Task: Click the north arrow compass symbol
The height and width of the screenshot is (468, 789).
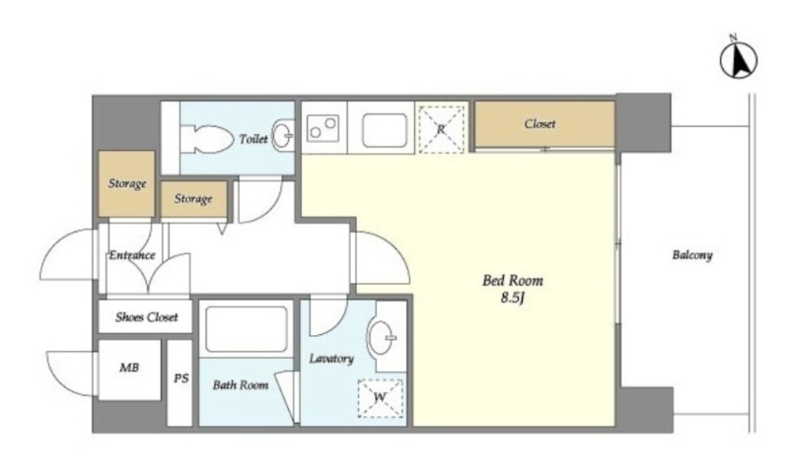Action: coord(738,60)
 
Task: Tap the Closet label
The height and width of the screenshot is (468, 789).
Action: coord(539,124)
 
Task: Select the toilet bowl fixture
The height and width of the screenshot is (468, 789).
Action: coord(206,139)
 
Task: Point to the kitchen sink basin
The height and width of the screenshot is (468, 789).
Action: coord(385,130)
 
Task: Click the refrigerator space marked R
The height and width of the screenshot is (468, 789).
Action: coord(441,129)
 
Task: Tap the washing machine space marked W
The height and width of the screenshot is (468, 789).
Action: coord(380,398)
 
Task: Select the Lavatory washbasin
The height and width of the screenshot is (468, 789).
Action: coord(382,337)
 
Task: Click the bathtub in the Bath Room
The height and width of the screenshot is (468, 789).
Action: coord(246,329)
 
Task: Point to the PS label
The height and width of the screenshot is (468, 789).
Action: coord(181,377)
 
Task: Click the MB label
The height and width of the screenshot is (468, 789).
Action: coord(129,368)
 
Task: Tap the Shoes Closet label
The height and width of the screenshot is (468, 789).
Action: coord(146,317)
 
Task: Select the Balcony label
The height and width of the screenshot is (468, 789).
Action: coord(692,255)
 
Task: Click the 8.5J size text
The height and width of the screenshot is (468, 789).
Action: coord(513,299)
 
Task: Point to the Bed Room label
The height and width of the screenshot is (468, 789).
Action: coord(513,280)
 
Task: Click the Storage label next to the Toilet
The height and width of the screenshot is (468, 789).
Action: coord(193,199)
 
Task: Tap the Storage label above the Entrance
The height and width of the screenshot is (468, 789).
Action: coord(127,183)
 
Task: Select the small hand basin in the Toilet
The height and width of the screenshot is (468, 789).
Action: coord(282,135)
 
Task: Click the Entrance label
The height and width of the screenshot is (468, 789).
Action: coord(132,255)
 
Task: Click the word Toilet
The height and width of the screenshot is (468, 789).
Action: coord(253,139)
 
